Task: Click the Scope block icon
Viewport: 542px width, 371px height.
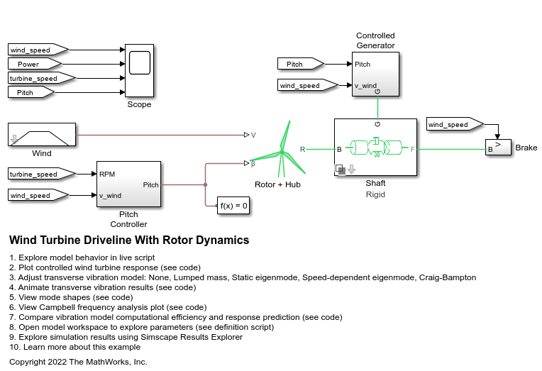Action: (139, 71)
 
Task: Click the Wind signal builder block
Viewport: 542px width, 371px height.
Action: (41, 134)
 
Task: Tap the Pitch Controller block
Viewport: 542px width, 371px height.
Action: (128, 184)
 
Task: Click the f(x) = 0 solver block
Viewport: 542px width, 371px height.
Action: (233, 206)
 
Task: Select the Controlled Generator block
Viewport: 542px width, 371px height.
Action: (375, 73)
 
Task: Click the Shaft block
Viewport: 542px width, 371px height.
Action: (375, 148)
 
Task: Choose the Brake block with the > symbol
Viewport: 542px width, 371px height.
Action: (498, 148)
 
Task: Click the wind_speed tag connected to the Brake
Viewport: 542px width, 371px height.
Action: (452, 125)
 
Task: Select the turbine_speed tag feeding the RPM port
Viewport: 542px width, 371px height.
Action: (38, 174)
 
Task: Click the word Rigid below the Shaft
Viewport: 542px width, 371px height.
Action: (375, 194)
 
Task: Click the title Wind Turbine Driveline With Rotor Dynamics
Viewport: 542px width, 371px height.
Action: (129, 240)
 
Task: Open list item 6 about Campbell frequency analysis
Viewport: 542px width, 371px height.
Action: (108, 307)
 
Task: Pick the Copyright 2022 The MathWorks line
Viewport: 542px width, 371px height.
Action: (78, 362)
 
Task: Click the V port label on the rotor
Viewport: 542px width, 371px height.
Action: (253, 134)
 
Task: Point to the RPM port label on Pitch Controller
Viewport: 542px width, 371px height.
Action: (108, 174)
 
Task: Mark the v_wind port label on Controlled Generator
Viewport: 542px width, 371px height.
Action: (366, 86)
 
